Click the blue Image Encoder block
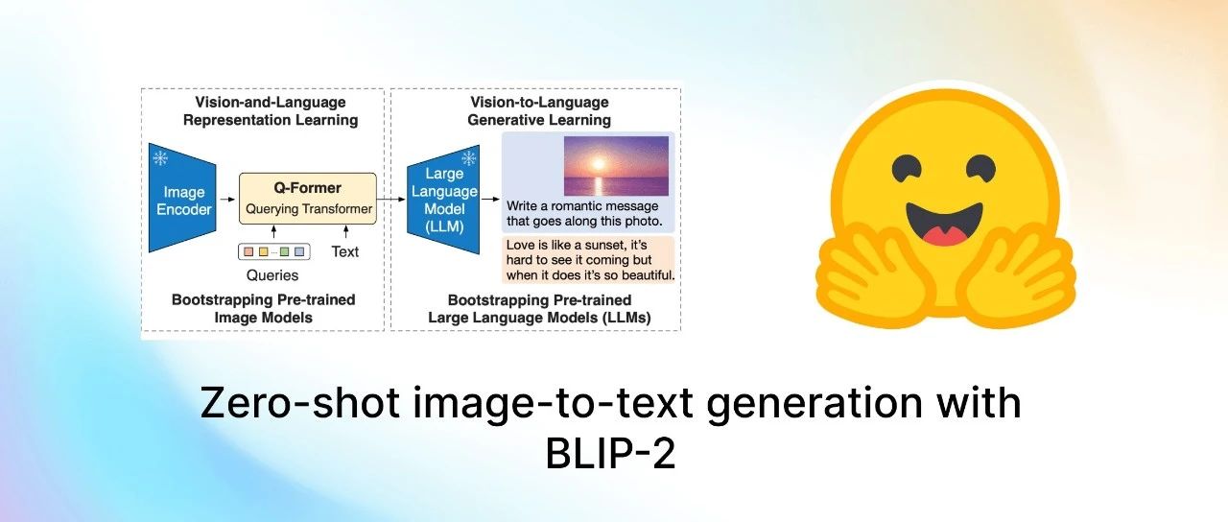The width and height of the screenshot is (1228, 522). coord(182,198)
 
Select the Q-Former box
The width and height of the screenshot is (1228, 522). coord(308,199)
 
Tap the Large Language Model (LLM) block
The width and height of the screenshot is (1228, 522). coord(443,200)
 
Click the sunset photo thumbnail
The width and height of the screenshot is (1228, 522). coord(616,166)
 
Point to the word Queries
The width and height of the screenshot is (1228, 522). coord(272,275)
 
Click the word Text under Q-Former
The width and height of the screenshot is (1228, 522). coord(344,251)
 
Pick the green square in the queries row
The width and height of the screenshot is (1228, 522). coord(285,251)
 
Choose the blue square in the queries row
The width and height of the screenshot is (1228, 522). coord(299,251)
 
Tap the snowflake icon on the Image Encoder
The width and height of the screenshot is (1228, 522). coord(160,158)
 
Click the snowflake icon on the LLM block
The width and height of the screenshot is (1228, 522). coord(469,158)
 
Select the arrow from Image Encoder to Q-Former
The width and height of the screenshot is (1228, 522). coord(227,199)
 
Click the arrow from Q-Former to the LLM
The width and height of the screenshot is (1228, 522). coord(391,199)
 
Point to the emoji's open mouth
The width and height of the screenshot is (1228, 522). coord(943,225)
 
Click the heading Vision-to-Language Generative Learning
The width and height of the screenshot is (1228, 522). coord(539,110)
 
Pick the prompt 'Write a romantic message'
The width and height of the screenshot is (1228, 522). coord(582,206)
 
